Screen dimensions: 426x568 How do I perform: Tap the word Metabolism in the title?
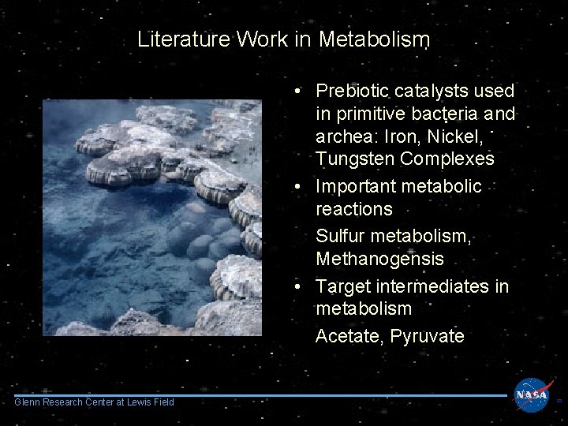374,39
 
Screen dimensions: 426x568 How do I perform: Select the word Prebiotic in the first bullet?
352,92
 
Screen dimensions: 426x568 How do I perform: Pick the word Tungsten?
355,159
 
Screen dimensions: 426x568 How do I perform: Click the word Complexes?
447,159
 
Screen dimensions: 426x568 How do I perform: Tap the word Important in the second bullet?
356,186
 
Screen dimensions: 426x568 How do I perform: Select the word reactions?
353,209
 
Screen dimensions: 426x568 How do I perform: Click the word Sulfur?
339,236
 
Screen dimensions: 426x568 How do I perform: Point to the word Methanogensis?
380,259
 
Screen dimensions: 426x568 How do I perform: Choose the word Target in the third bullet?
342,286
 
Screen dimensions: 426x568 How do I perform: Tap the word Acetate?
348,336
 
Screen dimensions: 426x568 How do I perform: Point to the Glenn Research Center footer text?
95,403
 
